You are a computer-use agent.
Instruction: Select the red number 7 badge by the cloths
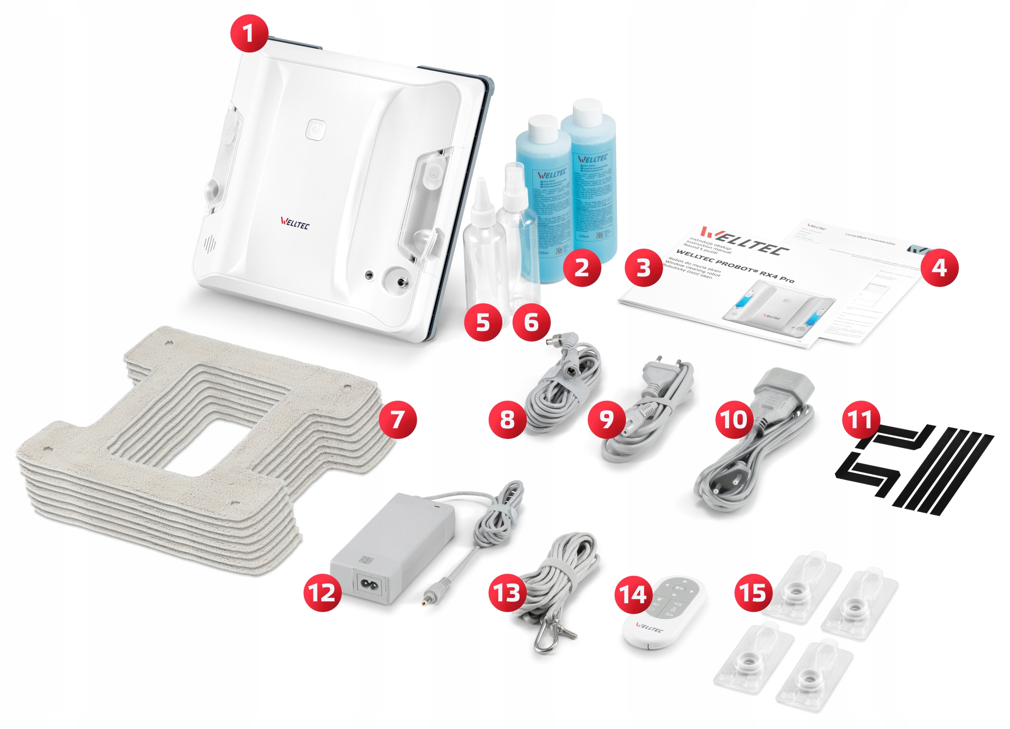pos(398,419)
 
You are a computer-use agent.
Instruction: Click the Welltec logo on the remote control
pos(650,628)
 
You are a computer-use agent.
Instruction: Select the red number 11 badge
pos(860,419)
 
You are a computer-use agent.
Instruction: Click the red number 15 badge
pos(753,593)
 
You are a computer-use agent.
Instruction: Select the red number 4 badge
pos(939,267)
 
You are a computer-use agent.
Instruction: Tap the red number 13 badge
pos(507,593)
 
